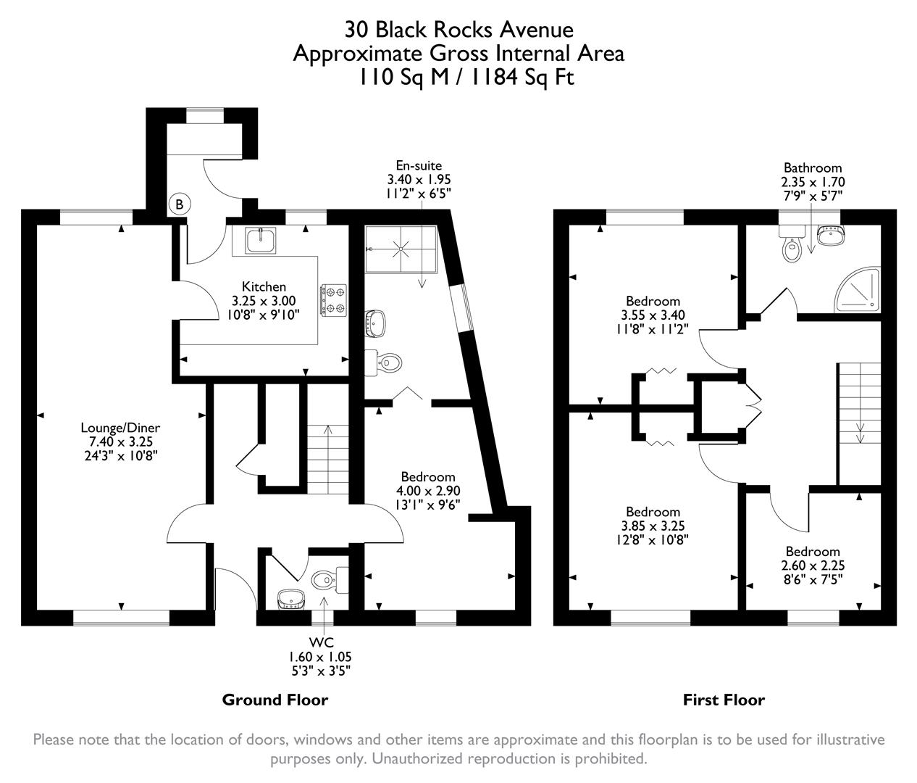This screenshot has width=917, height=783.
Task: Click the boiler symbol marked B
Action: [x=179, y=205]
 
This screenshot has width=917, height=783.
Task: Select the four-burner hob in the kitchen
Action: [x=334, y=299]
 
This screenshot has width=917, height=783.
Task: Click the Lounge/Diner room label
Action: [x=120, y=428]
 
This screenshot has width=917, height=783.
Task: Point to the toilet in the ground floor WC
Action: [x=324, y=579]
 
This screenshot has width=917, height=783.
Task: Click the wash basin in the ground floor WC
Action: [x=290, y=598]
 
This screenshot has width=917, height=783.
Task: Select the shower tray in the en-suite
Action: [x=401, y=248]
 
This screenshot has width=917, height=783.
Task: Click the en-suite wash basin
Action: [x=376, y=323]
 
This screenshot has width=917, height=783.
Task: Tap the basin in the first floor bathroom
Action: [x=830, y=236]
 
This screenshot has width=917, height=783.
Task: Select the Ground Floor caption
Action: [x=275, y=700]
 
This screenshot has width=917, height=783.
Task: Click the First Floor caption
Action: [x=724, y=700]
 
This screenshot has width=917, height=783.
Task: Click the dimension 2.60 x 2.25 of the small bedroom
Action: [x=813, y=565]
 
